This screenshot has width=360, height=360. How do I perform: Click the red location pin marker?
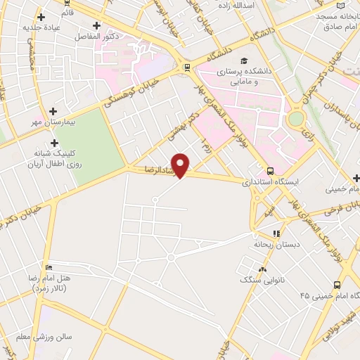[x=181, y=165]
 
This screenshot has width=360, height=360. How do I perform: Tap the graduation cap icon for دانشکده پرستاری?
[x=243, y=60]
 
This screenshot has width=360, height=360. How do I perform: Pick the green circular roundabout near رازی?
[x=296, y=119]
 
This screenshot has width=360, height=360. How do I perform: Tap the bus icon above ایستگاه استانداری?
[x=271, y=170]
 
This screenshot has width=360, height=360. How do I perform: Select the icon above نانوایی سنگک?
[x=263, y=269]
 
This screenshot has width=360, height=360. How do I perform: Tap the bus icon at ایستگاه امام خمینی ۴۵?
[x=337, y=285]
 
